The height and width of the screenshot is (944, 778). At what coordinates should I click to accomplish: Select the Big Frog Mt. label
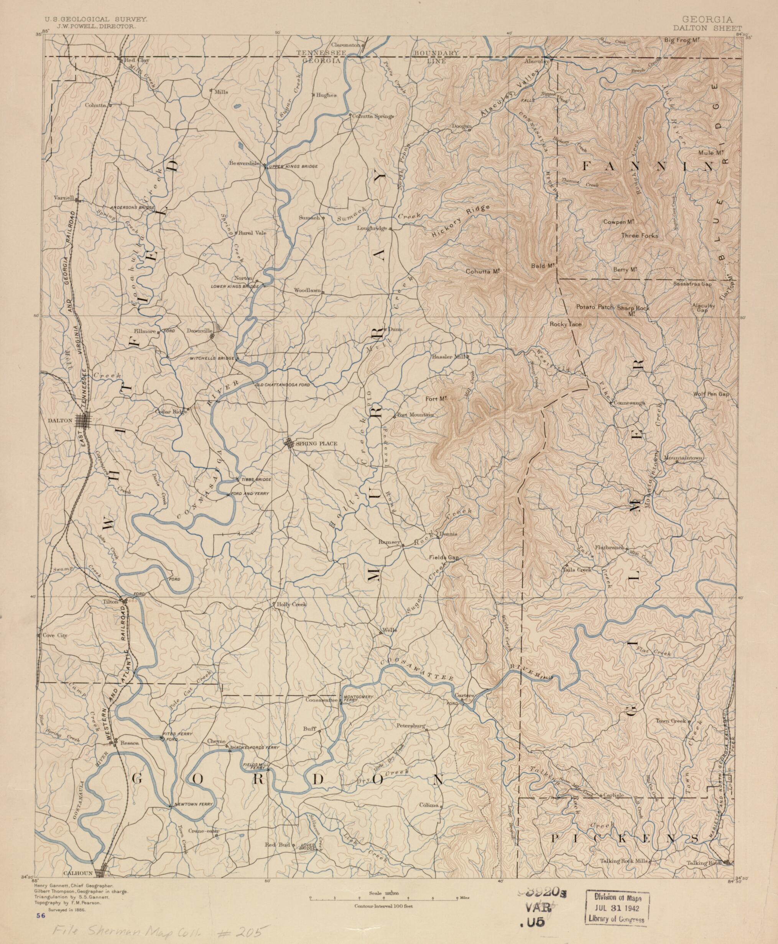682,40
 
